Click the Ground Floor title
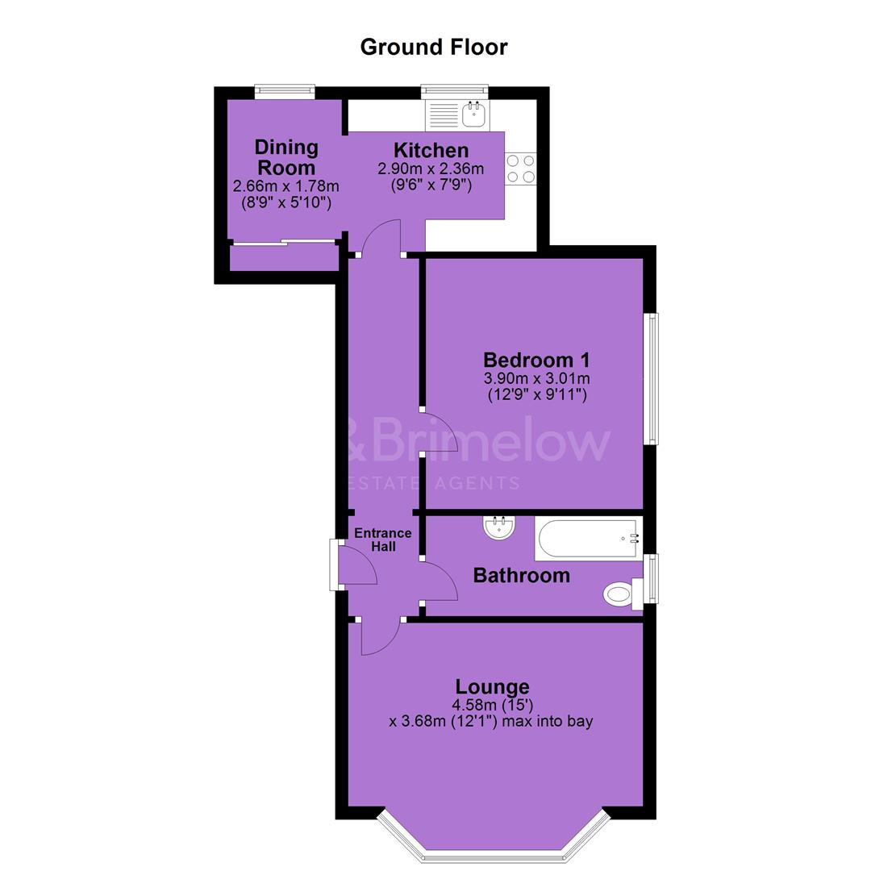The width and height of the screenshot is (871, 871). tap(434, 48)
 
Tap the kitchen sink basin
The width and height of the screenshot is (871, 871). tap(474, 114)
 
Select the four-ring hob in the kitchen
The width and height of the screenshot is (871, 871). tap(520, 169)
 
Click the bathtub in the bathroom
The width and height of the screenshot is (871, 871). tap(588, 538)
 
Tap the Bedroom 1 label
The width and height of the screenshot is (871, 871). tap(536, 360)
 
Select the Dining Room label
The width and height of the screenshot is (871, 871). tap(286, 157)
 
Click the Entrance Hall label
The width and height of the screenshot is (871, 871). tap(383, 540)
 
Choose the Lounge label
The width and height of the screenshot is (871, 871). tap(492, 686)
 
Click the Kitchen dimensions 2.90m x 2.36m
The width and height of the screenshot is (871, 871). tap(431, 169)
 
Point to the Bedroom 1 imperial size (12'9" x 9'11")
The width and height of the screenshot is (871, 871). tap(536, 395)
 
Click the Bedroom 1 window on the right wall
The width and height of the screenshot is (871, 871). tap(651, 379)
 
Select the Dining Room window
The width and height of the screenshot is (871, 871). tap(285, 92)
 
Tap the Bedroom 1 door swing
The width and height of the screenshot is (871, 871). tap(440, 433)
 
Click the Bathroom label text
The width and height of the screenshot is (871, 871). tap(522, 576)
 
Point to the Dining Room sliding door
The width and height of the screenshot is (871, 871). tap(285, 242)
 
